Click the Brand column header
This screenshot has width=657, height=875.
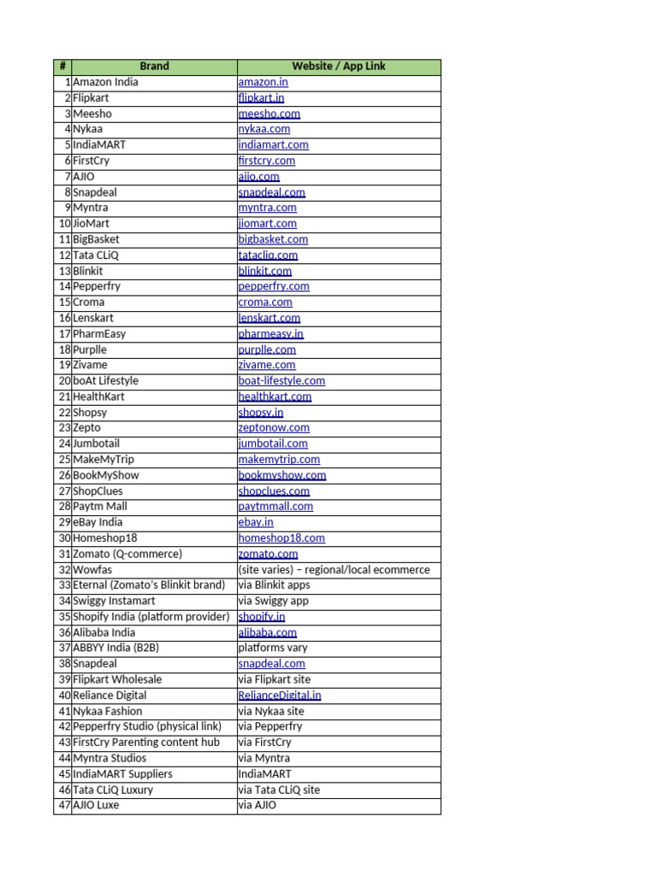coord(154,67)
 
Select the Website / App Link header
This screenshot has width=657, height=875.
coord(339,67)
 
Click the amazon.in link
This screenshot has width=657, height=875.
coord(263,83)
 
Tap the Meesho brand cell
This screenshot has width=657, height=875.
coord(92,114)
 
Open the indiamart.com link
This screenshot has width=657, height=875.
coord(273,145)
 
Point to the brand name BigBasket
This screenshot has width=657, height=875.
coord(96,239)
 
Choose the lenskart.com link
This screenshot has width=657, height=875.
coord(269,318)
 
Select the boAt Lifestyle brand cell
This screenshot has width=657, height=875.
coord(105,381)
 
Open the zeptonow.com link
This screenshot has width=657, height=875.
coord(274,428)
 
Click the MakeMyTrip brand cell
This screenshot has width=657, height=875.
coord(104,460)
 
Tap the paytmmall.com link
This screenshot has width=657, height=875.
coord(275,507)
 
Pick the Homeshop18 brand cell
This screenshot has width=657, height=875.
coord(104,538)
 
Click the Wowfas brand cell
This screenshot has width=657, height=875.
coord(92,570)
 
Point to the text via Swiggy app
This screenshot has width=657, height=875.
coord(274,601)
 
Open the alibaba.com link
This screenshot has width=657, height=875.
coord(267,632)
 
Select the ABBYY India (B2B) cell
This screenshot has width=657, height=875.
coord(115,648)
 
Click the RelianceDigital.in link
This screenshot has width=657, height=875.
coord(280,696)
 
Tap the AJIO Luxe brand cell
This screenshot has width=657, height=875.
coord(96,805)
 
